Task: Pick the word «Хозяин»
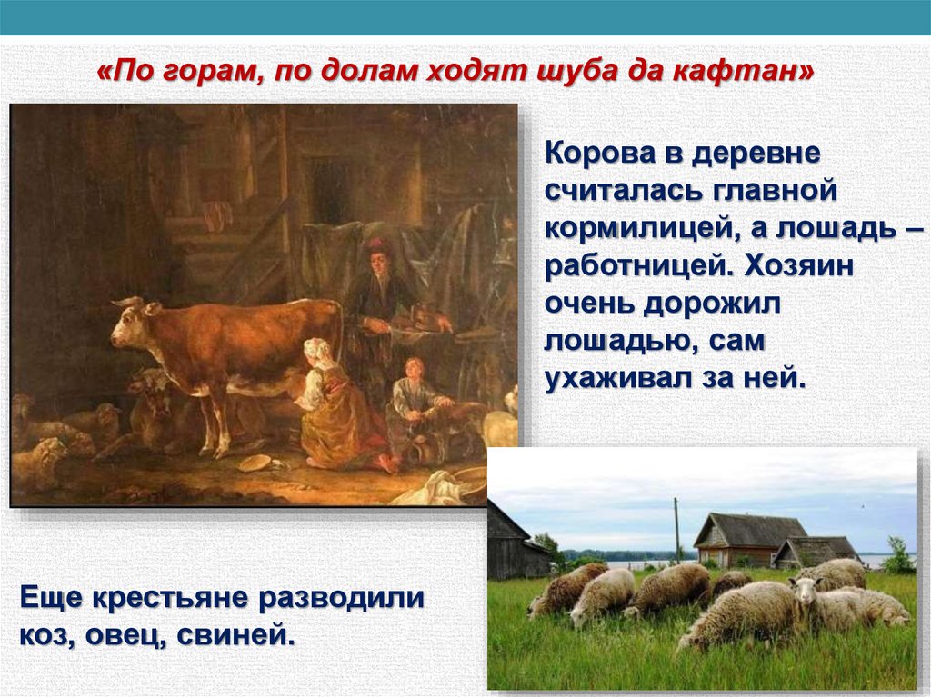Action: tap(798, 266)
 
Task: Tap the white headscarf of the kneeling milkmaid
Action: tap(317, 349)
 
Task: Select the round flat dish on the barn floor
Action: tap(255, 463)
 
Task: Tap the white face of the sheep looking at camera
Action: tap(806, 591)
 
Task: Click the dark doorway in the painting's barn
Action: tap(329, 191)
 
